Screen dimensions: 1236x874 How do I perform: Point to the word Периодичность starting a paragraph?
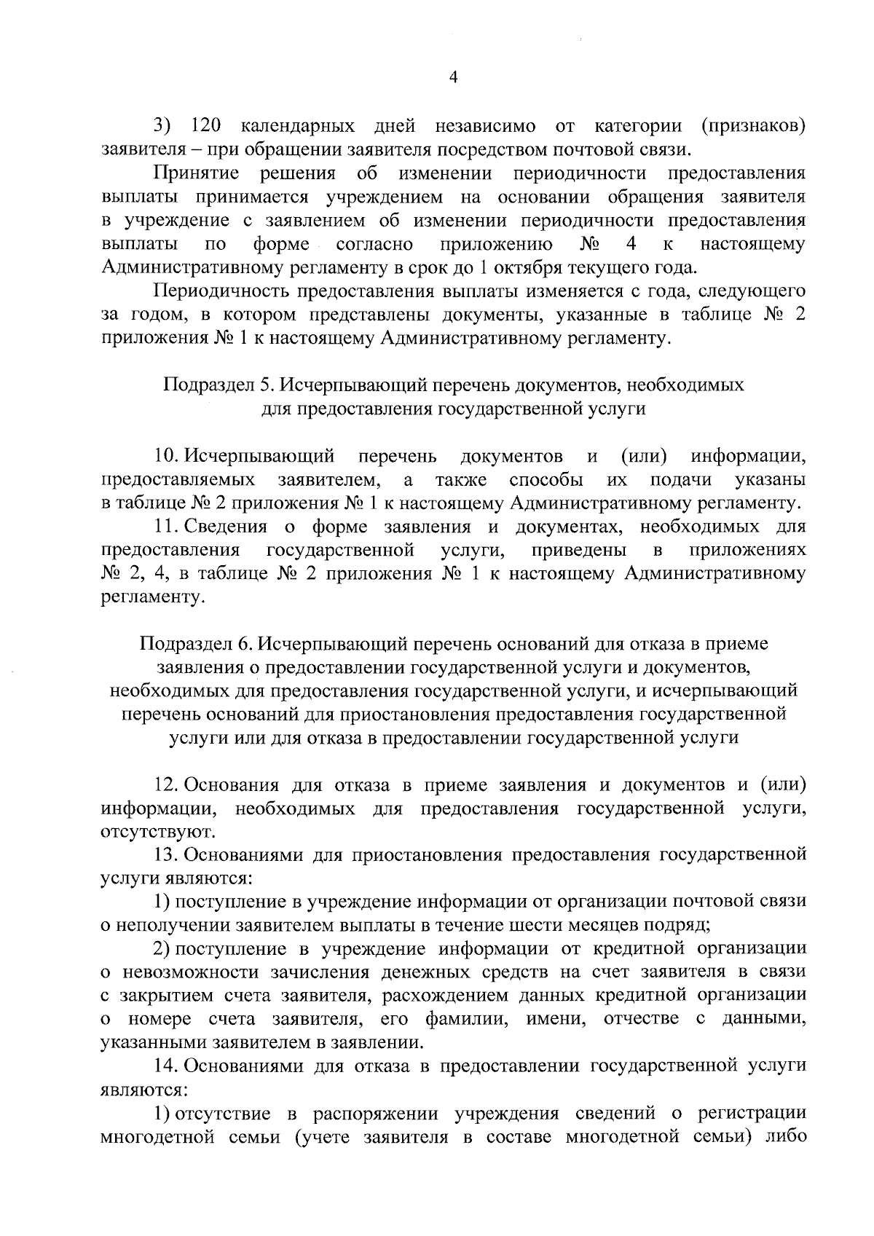pos(223,291)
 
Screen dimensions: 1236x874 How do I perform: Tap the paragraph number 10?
pos(167,457)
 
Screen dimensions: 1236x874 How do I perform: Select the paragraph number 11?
pos(167,527)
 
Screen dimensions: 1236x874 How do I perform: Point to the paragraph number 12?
pos(167,785)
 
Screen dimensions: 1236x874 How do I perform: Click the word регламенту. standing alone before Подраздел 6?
pos(152,597)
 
